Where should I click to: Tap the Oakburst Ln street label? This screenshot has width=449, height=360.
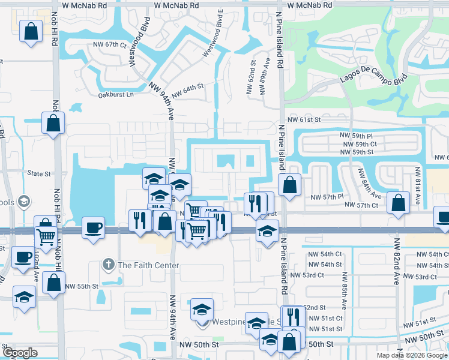pyautogui.click(x=116, y=95)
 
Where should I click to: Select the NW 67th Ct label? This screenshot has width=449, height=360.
pyautogui.click(x=110, y=45)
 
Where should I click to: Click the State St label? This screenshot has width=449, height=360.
pyautogui.click(x=39, y=173)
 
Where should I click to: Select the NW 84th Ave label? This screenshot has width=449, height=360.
pyautogui.click(x=370, y=183)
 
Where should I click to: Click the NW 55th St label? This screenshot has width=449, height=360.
pyautogui.click(x=82, y=287)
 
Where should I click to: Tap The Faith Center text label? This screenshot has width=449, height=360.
pyautogui.click(x=148, y=265)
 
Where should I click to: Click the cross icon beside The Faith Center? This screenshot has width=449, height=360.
pyautogui.click(x=108, y=265)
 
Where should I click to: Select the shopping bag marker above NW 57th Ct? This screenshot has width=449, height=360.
pyautogui.click(x=398, y=203)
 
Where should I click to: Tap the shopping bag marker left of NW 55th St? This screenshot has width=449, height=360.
pyautogui.click(x=53, y=284)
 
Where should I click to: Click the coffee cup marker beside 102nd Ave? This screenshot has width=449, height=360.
pyautogui.click(x=24, y=257)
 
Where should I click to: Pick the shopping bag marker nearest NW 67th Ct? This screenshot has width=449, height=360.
pyautogui.click(x=31, y=31)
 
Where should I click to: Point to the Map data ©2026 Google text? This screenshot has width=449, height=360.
pyautogui.click(x=412, y=355)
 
